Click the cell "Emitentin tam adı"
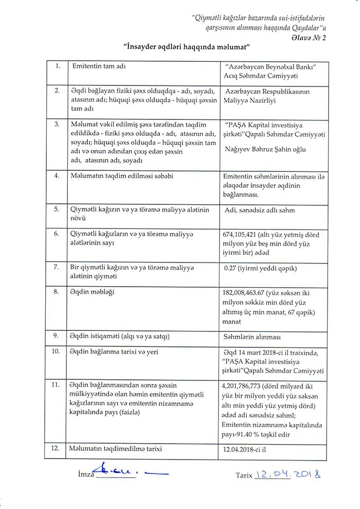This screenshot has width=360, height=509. [x=98, y=67]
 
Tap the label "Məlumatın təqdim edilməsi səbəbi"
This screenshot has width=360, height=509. [x=122, y=175]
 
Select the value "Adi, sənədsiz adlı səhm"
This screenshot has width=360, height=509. [x=260, y=210]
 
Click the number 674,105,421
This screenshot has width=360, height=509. [x=244, y=235]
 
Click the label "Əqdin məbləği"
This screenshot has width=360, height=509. [x=92, y=292]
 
